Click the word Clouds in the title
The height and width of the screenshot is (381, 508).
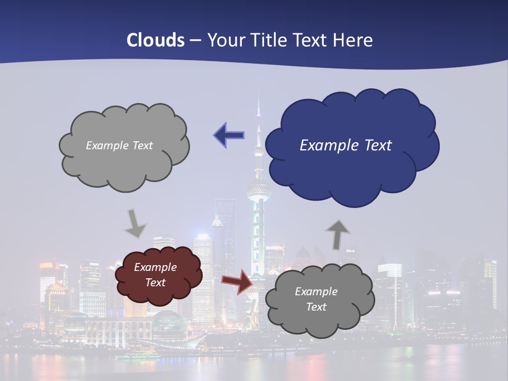(156, 40)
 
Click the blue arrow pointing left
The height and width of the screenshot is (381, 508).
(229, 135)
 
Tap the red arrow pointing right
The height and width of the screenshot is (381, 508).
(237, 281)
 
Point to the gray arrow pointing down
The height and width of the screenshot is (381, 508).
(135, 223)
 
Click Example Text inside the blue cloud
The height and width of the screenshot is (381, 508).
(346, 146)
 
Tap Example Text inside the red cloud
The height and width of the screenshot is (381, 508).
(156, 275)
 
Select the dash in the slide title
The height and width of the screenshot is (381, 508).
(195, 40)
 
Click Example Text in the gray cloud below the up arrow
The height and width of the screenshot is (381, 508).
(316, 299)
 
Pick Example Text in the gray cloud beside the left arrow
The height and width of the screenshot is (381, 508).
(120, 146)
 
